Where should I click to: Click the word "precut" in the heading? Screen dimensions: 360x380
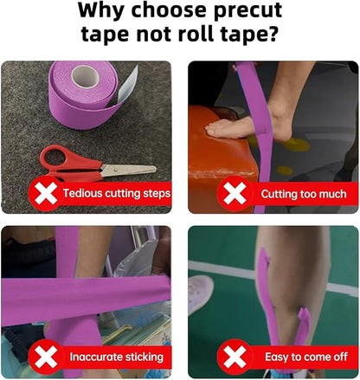coord(247,11)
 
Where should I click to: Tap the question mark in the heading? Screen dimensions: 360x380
coord(272,33)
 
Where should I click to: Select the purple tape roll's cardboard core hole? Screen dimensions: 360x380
coord(86,76)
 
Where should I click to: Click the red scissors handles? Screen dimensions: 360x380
coord(67,164)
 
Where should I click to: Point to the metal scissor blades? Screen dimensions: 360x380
coord(128,170)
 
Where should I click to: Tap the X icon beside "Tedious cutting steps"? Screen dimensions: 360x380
coord(46,194)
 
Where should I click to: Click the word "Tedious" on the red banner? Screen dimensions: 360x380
coord(82,193)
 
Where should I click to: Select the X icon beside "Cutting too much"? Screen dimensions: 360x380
coord(235,194)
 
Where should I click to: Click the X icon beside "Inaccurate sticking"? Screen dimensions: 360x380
coord(46,357)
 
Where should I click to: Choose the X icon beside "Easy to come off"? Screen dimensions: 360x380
coord(235,357)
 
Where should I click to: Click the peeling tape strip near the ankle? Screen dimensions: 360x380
coord(303,326)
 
